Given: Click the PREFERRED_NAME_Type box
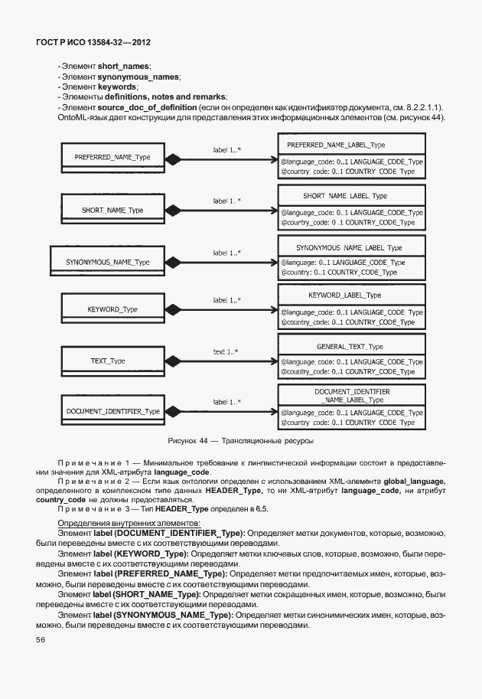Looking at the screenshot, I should [x=112, y=158].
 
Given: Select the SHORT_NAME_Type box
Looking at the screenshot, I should [x=112, y=210].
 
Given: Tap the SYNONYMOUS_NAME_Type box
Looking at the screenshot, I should [x=107, y=262].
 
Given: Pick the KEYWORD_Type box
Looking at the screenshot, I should [x=112, y=309].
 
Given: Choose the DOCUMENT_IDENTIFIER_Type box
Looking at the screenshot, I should [x=112, y=411].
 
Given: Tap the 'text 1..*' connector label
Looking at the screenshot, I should [x=225, y=351].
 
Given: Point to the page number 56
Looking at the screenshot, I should [x=40, y=639].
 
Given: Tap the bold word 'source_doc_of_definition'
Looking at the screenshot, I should [x=145, y=107].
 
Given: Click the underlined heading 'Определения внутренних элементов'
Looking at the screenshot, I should [x=122, y=522].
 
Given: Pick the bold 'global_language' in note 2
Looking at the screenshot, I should [x=409, y=479].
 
